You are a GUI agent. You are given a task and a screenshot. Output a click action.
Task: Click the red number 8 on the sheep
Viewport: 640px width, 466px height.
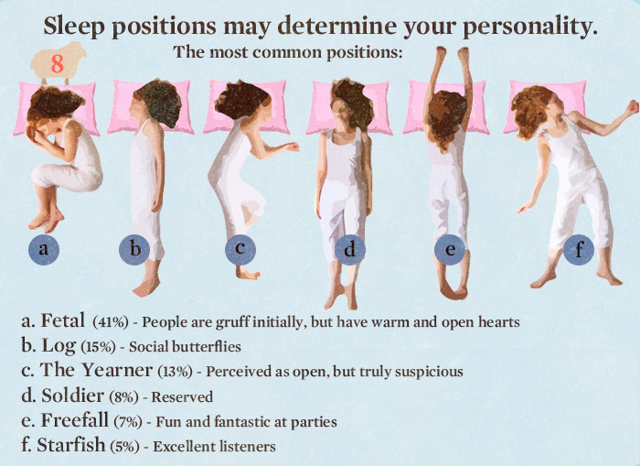pos(58,64)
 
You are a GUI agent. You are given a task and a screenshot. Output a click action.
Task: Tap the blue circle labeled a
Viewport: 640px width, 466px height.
pos(44,249)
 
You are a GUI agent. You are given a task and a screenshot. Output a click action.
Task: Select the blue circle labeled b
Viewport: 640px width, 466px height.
pos(134,249)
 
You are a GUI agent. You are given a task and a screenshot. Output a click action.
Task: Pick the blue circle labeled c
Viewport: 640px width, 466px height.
pos(240,249)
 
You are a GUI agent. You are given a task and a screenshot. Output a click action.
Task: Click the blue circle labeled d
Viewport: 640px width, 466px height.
pos(350,249)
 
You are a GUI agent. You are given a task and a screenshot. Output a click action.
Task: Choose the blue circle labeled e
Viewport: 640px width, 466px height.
pos(450,249)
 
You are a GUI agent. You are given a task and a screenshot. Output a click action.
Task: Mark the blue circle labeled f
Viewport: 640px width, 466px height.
pos(579,249)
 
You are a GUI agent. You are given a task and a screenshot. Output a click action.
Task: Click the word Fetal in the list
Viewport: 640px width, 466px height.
pos(63,320)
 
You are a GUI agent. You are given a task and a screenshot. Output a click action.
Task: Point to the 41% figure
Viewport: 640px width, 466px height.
pos(111,322)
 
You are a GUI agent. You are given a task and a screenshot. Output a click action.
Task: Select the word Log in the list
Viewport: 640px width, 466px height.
pos(59,346)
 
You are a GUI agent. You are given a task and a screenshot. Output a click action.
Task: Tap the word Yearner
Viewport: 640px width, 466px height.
pos(117,370)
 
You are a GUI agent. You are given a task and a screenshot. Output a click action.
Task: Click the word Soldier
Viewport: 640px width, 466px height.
pos(72,396)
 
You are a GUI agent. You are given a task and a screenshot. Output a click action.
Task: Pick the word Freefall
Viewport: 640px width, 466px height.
pos(75,420)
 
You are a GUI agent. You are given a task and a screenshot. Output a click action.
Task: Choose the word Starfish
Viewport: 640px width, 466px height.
pos(71,445)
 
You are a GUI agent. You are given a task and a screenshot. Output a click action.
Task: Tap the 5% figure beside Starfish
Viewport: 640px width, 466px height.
pos(125,447)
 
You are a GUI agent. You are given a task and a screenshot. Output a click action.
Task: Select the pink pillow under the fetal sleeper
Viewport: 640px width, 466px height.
pos(56,108)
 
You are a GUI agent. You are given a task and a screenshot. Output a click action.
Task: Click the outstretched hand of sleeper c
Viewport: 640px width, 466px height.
pos(293,146)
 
